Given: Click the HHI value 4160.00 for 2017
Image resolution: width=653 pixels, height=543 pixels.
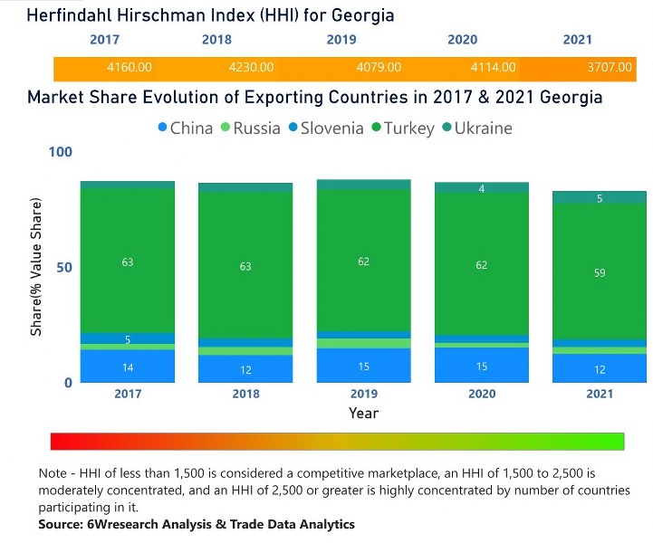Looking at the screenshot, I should (129, 68).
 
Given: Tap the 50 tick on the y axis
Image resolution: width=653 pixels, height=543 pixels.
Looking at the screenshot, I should (64, 268).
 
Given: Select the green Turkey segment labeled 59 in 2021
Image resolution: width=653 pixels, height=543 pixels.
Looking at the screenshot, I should (600, 272).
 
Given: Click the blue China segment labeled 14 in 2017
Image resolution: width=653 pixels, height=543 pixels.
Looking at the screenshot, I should (128, 367).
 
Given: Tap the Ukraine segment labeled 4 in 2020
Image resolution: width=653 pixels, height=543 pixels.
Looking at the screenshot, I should (481, 188).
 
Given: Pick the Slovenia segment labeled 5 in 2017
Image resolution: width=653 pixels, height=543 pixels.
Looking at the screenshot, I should (128, 338).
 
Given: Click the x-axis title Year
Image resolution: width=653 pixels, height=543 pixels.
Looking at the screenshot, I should (363, 413).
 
